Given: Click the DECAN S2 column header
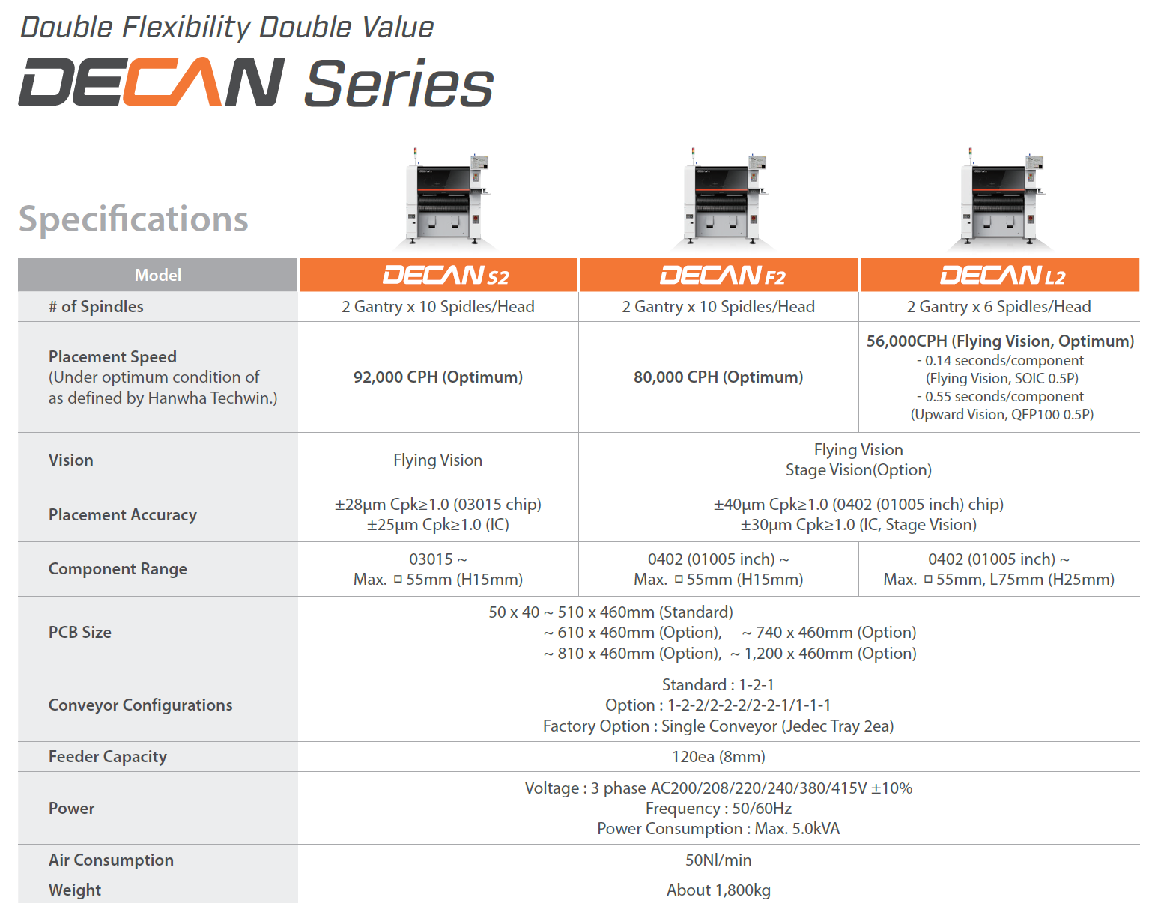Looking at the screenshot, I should point(438,275).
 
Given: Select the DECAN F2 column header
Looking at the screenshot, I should point(718,275).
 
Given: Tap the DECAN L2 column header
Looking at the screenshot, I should point(1000,275).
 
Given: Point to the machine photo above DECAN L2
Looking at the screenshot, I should point(1001,198).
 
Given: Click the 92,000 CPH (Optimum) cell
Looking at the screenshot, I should point(438,377).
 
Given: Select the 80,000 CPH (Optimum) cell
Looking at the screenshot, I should point(718,377).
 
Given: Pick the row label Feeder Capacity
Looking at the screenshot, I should point(108,756).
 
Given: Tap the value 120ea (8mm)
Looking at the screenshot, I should point(718,756).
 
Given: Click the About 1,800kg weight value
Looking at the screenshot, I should point(718,890).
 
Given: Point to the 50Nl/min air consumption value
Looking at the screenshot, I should point(718,860).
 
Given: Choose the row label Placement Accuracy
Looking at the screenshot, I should point(123,514).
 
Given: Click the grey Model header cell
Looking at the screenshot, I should point(157,275).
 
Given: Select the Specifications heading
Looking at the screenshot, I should point(133,219).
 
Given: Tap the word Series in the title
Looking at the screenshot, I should point(398,85).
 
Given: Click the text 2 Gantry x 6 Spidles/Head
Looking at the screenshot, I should point(998,306).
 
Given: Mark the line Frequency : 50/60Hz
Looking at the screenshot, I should point(718,808).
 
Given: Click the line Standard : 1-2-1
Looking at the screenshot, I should point(718,684).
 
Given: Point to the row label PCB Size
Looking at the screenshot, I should point(80,632).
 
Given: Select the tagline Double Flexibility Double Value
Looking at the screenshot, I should point(226,28).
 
